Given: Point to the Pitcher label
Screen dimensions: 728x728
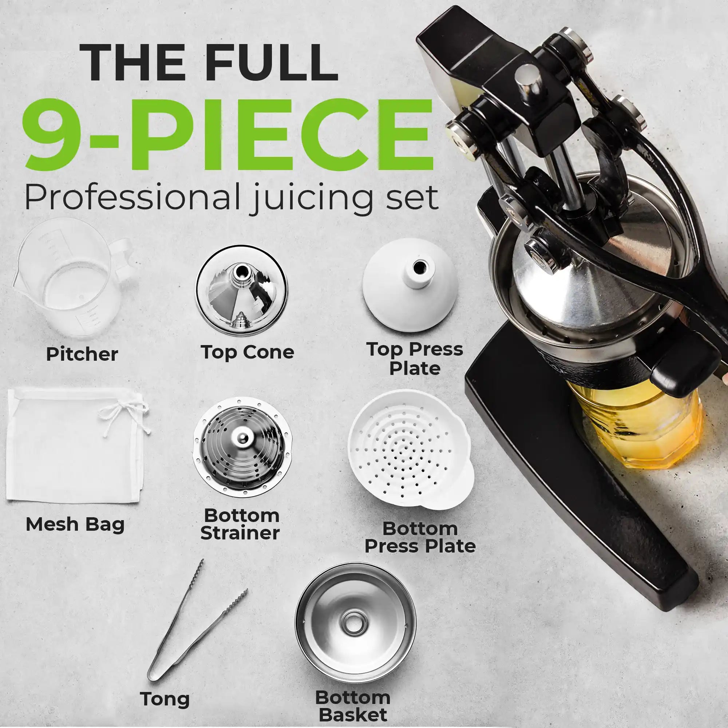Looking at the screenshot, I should [82, 354].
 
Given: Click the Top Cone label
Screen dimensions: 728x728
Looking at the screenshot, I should [247, 352].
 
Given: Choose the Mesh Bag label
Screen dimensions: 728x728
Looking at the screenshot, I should [75, 524].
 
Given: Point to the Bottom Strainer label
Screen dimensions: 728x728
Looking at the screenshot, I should [240, 524].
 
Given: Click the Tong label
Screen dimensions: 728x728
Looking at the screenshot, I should [165, 688].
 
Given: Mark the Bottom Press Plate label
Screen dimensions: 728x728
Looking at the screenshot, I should [420, 537].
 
